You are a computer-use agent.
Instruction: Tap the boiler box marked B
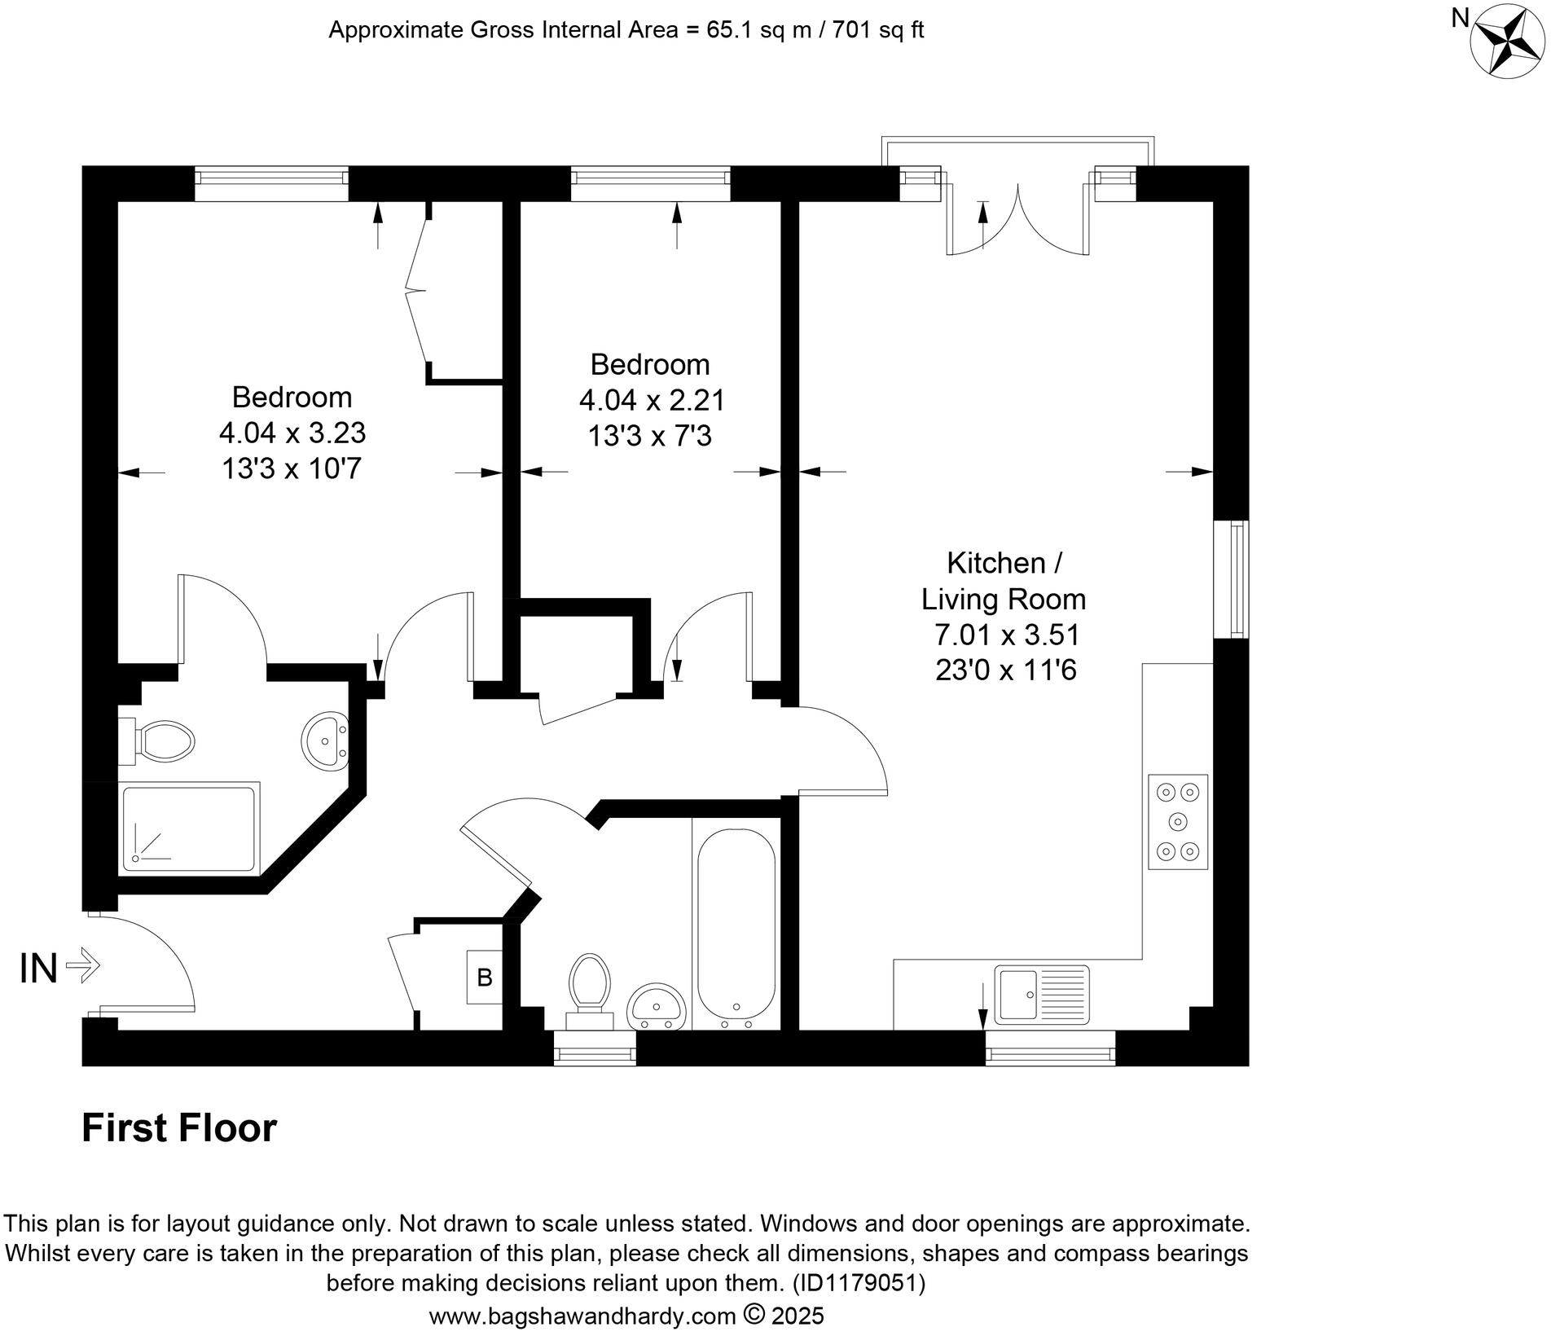484,977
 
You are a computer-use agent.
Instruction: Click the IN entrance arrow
82,967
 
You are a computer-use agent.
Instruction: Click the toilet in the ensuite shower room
159,741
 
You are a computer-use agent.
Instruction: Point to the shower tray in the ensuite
189,828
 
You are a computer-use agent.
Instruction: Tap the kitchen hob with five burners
1178,822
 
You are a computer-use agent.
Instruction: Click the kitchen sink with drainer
1042,993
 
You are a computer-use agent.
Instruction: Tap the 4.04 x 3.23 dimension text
292,433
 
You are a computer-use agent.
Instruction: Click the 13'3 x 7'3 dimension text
649,437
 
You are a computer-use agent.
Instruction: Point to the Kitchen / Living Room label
1004,581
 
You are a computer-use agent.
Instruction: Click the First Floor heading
179,1128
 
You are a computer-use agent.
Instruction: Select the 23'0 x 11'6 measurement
1005,670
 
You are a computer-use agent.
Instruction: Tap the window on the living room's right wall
1231,578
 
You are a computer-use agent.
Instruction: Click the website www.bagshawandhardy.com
582,1316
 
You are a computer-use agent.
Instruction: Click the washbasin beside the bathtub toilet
657,1007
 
